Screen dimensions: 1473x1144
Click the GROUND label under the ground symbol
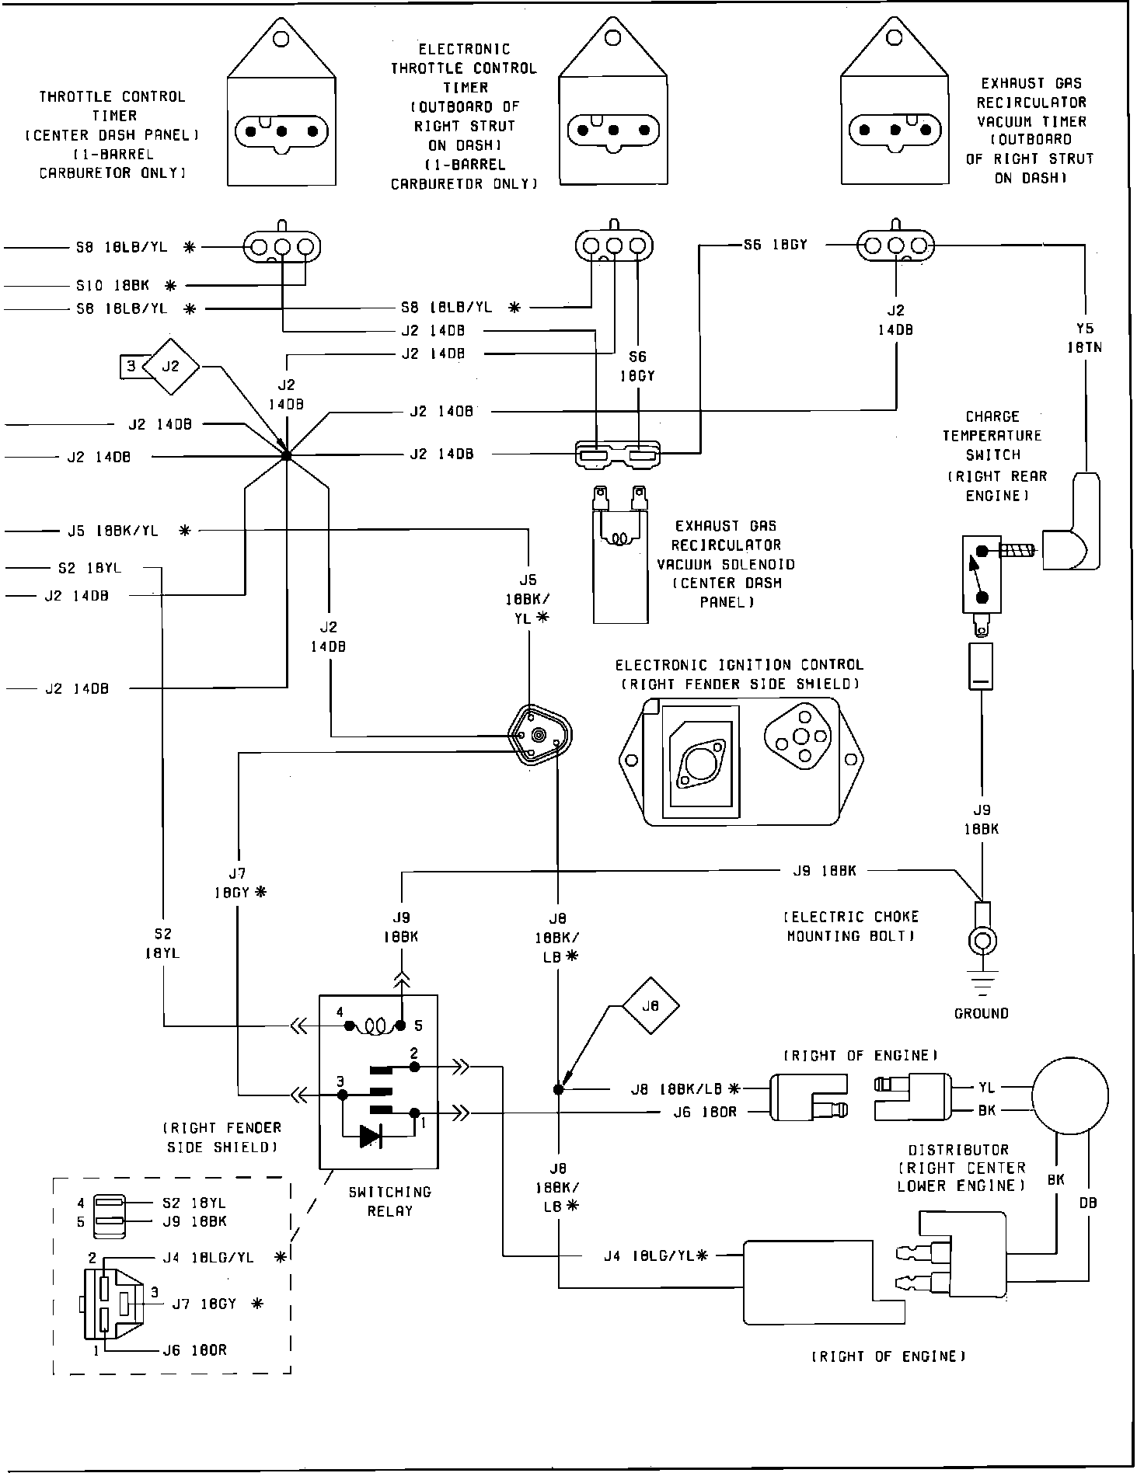[x=982, y=1013]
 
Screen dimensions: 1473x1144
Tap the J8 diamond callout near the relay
[x=650, y=1005]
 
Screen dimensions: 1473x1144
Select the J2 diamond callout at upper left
[x=171, y=365]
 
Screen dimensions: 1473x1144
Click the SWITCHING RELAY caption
[x=390, y=1201]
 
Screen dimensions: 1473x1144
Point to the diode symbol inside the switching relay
[x=371, y=1137]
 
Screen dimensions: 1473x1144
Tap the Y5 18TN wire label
[x=1084, y=338]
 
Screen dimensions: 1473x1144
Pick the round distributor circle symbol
[x=1070, y=1095]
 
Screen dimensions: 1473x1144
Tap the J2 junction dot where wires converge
[x=286, y=456]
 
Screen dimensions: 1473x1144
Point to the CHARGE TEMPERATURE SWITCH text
[x=992, y=436]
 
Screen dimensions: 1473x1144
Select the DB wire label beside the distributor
[x=1088, y=1203]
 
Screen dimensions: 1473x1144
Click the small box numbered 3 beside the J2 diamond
[x=131, y=365]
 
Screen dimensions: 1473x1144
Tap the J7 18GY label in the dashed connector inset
[x=204, y=1304]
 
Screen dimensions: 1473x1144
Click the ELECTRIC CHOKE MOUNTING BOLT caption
[x=853, y=926]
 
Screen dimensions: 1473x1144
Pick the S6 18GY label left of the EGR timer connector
[x=776, y=245]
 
